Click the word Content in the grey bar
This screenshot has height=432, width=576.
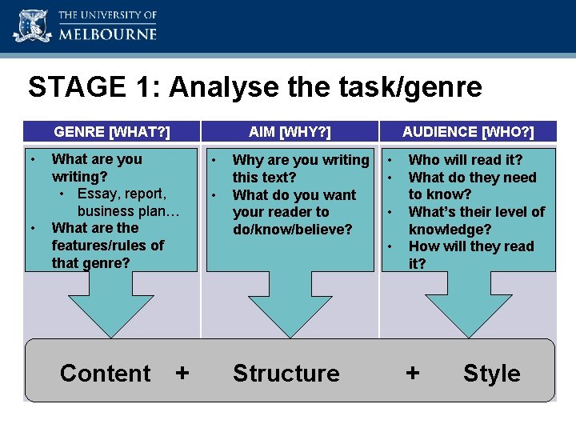pyautogui.click(x=105, y=374)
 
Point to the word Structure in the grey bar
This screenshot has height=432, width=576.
pyautogui.click(x=286, y=374)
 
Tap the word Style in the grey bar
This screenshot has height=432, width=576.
pyautogui.click(x=491, y=374)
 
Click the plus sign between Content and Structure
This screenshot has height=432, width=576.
pyautogui.click(x=182, y=374)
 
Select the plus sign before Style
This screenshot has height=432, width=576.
pyautogui.click(x=413, y=374)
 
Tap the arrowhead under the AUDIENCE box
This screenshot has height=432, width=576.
pyautogui.click(x=468, y=316)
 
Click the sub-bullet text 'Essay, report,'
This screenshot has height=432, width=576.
pyautogui.click(x=122, y=194)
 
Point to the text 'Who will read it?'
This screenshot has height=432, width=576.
pyautogui.click(x=465, y=160)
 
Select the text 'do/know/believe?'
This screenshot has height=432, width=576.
pyautogui.click(x=292, y=230)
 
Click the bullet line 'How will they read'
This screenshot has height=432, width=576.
pyautogui.click(x=470, y=246)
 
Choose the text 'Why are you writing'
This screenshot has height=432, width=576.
pyautogui.click(x=300, y=160)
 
